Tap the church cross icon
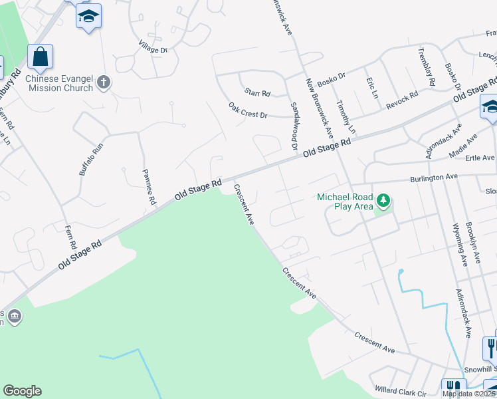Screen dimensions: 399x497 (x=103, y=82)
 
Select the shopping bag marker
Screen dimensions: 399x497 (x=40, y=57)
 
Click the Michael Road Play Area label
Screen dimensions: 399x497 (x=345, y=201)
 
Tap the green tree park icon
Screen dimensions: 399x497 (x=383, y=199)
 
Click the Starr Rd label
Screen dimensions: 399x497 (x=257, y=93)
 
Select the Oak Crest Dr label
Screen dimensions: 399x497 (x=247, y=110)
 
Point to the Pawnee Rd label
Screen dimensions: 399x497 (x=148, y=187)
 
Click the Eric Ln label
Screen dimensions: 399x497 (x=372, y=88)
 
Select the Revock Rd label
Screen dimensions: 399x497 (x=403, y=95)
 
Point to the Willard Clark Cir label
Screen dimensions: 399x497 (x=400, y=392)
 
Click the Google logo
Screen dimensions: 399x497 (x=22, y=391)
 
